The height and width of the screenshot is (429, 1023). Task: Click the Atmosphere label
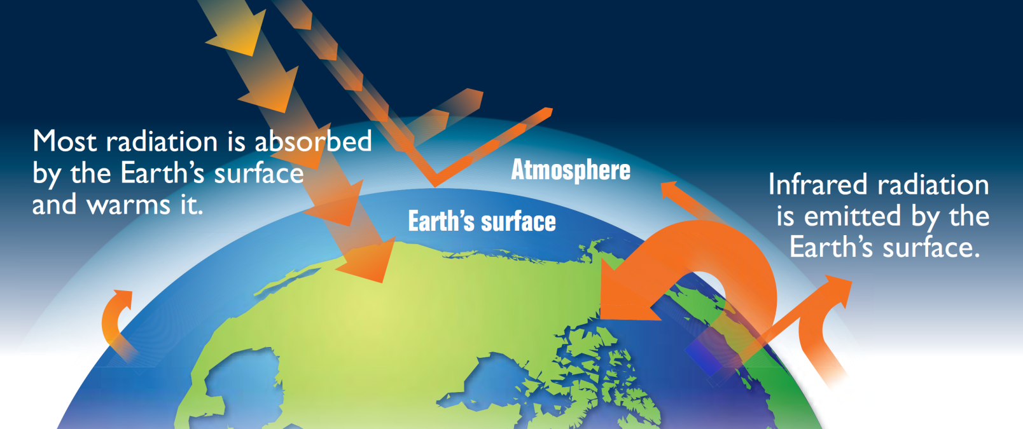pyautogui.click(x=571, y=171)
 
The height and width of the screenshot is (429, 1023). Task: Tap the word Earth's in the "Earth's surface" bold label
pyautogui.click(x=442, y=221)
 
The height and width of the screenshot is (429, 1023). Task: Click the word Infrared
pyautogui.click(x=817, y=184)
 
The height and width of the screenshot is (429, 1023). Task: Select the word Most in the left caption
pyautogui.click(x=64, y=141)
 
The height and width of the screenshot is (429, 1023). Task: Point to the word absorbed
pyautogui.click(x=313, y=141)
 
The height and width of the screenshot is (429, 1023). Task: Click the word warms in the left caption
pyautogui.click(x=129, y=205)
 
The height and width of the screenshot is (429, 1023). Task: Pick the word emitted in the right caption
pyautogui.click(x=852, y=216)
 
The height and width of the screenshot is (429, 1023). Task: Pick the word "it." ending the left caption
pyautogui.click(x=191, y=205)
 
